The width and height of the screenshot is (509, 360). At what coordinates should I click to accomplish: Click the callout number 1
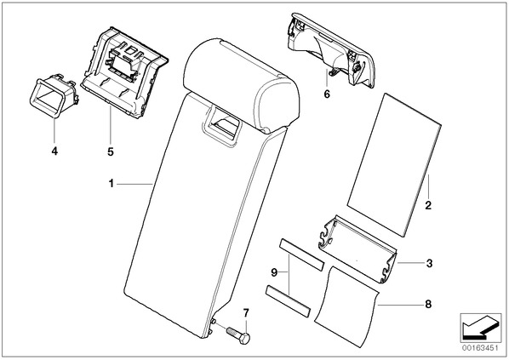[112, 184]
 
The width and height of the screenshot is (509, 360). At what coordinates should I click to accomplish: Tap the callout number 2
[428, 205]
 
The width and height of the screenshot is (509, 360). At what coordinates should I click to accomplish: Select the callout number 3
[429, 263]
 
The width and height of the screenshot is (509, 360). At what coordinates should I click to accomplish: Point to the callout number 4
[54, 151]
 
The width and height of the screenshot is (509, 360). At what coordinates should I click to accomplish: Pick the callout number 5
[111, 151]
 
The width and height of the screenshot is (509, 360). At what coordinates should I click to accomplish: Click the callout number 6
[327, 94]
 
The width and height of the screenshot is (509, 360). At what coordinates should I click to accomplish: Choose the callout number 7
[246, 313]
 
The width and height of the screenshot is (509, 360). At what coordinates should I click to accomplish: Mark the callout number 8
[428, 304]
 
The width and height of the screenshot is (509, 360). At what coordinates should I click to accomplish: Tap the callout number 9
[274, 272]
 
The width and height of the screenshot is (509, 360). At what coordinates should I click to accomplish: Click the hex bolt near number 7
[238, 335]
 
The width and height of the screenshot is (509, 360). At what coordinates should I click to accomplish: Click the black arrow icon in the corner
[480, 327]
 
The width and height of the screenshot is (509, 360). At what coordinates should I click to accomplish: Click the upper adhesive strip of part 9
[301, 254]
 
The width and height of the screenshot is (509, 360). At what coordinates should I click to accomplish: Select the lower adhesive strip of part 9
[289, 301]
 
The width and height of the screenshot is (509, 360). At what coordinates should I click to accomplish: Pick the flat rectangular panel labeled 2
[394, 165]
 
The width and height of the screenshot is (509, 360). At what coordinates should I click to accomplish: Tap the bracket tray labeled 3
[358, 249]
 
